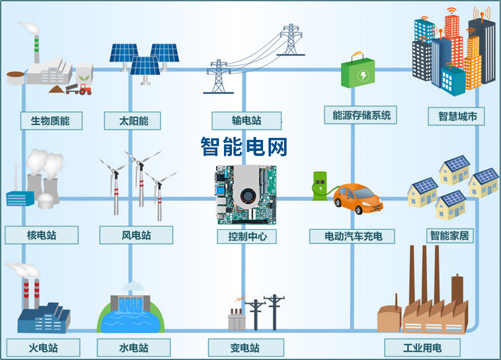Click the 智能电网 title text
tap(244, 146)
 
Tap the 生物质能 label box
tap(51, 121)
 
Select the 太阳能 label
tap(133, 121)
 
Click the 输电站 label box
tap(246, 121)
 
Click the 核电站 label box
tap(42, 235)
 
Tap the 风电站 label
tap(136, 235)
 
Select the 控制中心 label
tap(246, 236)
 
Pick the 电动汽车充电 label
tap(353, 236)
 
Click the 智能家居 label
tap(451, 235)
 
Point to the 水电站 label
tap(134, 347)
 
